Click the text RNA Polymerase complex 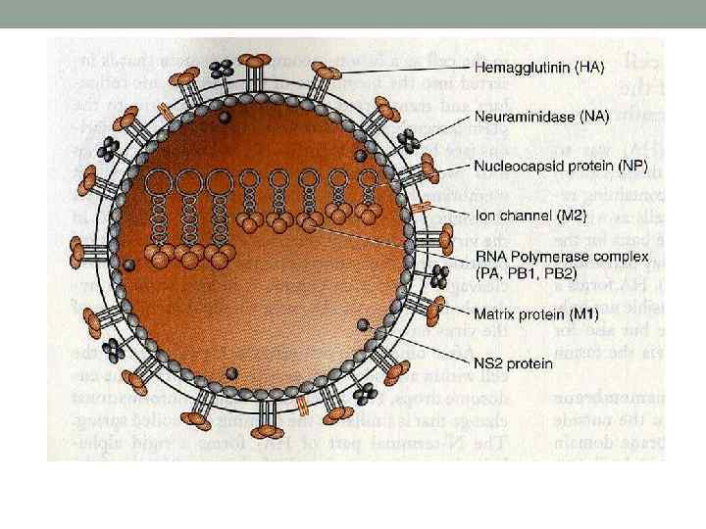point(544,259)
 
